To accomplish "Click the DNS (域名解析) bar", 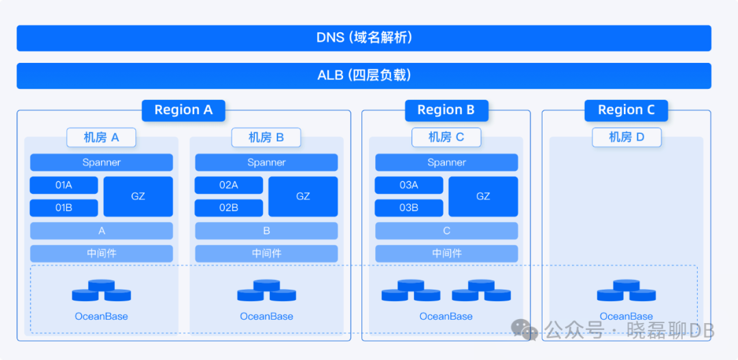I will coord(364,38).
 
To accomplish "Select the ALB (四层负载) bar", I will coord(364,75).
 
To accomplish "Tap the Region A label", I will coord(183,110).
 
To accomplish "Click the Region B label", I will coord(446,110).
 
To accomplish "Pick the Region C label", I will coord(626,110).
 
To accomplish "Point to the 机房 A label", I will coord(101,137).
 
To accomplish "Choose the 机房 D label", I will coord(627,137).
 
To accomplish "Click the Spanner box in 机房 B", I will coord(266,163).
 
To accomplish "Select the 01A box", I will coord(64,185).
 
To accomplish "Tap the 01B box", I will coord(64,208).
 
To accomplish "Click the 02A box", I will coord(229,185).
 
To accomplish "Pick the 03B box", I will coord(409,208).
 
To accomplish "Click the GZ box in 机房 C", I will coord(483,196).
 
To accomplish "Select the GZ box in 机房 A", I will coord(138,196).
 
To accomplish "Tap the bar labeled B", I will coord(266,231).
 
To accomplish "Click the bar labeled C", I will coord(446,231).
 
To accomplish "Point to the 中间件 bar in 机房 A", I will coord(101,253).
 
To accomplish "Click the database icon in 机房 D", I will coord(626,291).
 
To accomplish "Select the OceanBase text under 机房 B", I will coord(266,316).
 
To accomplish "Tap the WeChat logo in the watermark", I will coord(525,331).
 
